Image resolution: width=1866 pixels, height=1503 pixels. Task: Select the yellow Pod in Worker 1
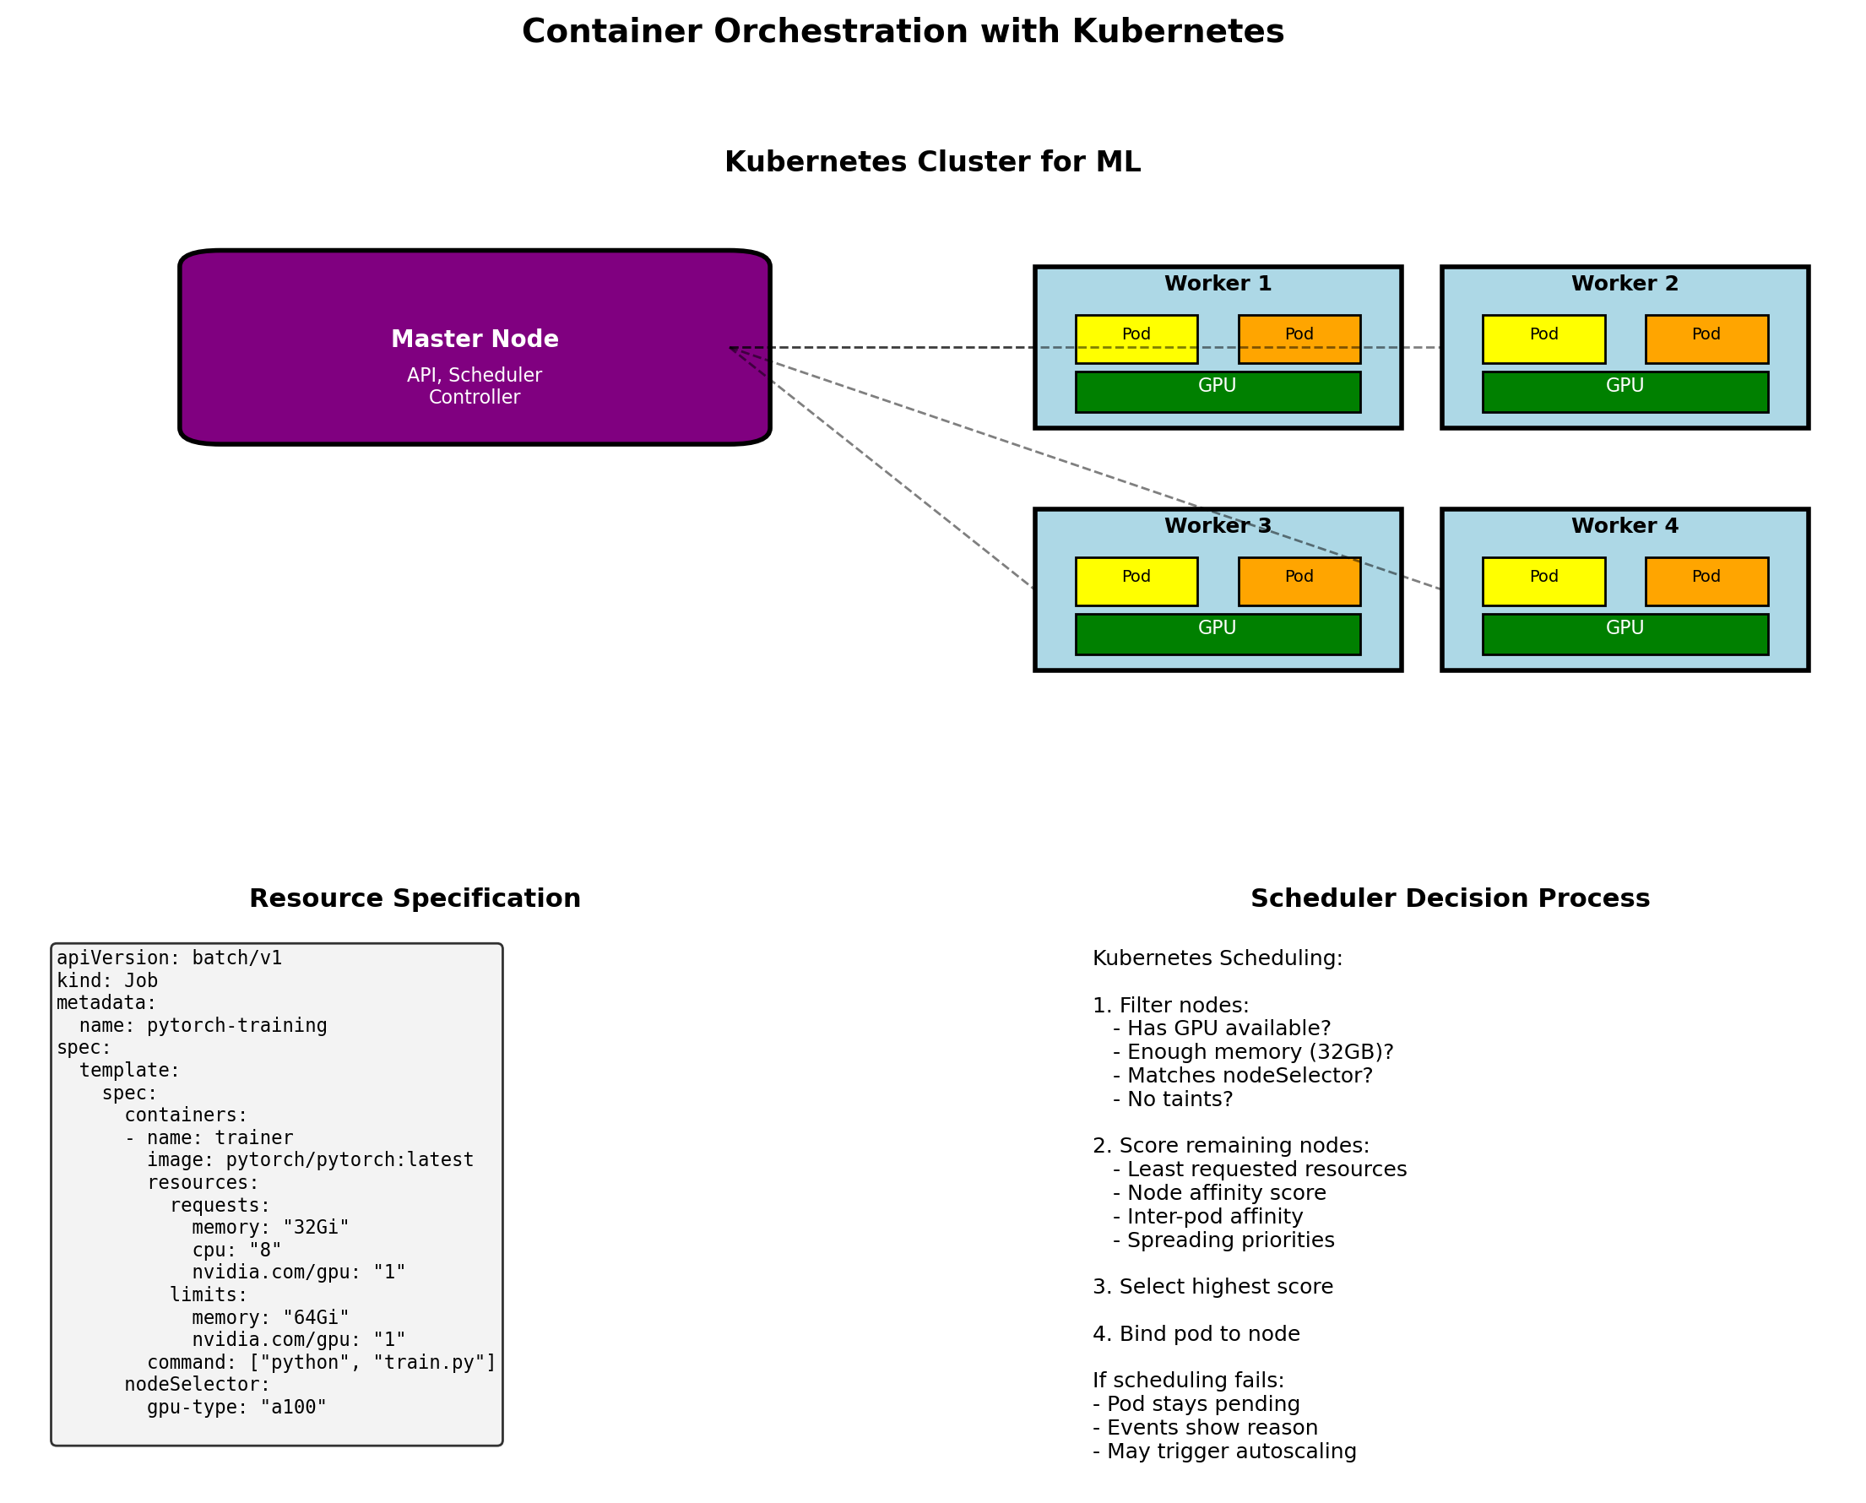1136,339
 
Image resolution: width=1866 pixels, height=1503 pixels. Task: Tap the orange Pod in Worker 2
1706,339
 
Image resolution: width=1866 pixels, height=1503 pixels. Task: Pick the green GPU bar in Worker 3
1217,634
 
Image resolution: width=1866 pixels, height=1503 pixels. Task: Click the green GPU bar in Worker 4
1625,634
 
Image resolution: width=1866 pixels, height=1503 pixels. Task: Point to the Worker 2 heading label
1625,283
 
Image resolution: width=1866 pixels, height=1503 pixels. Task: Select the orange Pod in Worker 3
1299,581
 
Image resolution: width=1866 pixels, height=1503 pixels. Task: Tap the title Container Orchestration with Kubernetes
903,32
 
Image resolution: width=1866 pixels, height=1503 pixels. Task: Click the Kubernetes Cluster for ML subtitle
931,162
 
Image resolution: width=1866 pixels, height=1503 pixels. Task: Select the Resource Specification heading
415,898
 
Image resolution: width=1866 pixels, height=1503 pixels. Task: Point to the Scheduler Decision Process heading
1450,898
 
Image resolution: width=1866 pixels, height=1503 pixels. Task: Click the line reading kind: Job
107,981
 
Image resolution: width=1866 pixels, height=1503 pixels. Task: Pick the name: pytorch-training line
203,1026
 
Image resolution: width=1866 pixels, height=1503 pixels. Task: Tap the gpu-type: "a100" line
236,1407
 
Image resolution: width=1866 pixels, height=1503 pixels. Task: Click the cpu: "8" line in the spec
236,1251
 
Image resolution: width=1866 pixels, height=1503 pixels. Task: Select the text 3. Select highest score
1212,1287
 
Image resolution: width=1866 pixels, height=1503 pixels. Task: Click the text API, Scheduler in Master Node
475,375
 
